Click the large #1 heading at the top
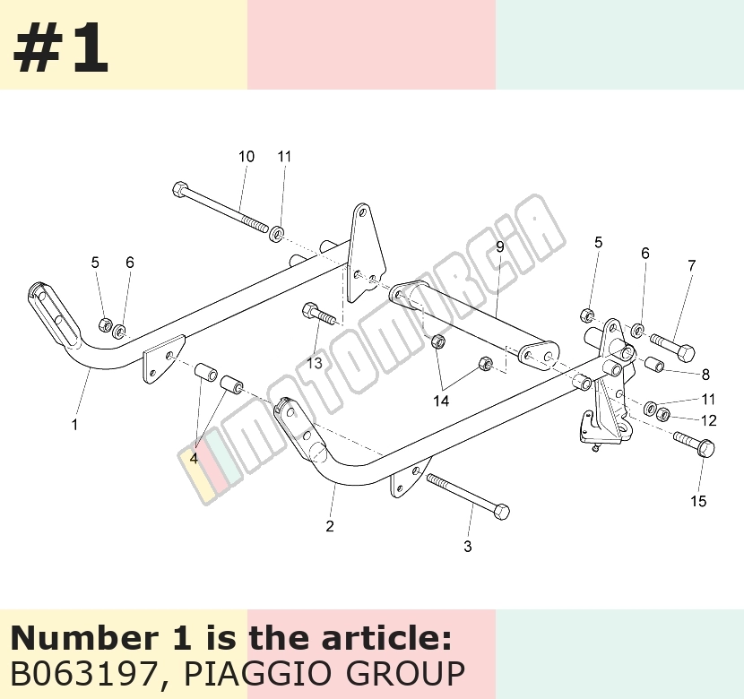(61, 47)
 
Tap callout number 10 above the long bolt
(247, 156)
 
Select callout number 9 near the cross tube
(499, 246)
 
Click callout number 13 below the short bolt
(314, 363)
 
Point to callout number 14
(441, 401)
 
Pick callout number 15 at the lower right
(698, 501)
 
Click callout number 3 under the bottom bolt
(468, 547)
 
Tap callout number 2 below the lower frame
(330, 526)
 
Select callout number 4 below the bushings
(194, 459)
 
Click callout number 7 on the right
(692, 265)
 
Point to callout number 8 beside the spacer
(705, 375)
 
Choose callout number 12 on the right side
(708, 420)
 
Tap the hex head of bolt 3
(502, 512)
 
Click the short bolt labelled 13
(319, 314)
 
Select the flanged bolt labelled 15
(694, 444)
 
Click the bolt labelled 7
(672, 347)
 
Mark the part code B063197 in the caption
(84, 673)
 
